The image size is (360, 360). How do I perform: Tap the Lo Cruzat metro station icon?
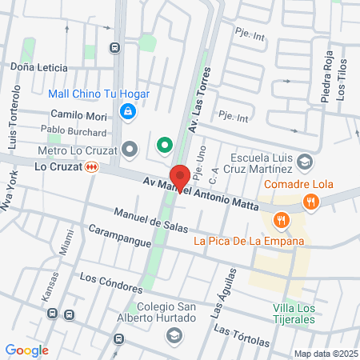click(94, 166)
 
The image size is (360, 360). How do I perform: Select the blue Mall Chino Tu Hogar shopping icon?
click(126, 111)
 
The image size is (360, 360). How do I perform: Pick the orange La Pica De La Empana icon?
click(280, 220)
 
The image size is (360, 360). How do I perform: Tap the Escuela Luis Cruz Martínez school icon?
click(304, 162)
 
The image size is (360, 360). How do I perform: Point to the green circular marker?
click(165, 146)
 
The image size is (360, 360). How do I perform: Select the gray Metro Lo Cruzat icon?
click(131, 150)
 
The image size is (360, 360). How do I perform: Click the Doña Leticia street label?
click(39, 69)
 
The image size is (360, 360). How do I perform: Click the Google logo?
click(26, 350)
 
